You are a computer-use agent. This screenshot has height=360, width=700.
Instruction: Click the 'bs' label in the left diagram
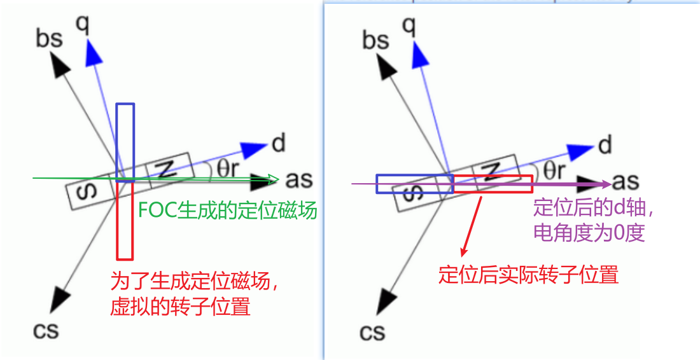(x=49, y=39)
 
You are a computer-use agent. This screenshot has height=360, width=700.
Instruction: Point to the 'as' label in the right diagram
(x=626, y=183)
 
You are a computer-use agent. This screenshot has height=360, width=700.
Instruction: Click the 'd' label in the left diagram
(x=278, y=144)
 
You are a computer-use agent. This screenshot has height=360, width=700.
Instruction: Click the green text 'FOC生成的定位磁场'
(x=227, y=210)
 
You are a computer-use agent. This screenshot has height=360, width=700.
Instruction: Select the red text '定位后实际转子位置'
(x=528, y=275)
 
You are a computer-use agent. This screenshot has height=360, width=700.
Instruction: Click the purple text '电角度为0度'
(x=589, y=232)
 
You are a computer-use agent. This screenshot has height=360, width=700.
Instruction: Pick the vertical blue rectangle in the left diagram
(x=125, y=142)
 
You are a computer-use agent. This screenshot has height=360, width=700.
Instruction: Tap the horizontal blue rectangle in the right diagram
(x=414, y=183)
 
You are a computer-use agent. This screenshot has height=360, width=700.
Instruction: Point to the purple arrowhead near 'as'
(x=606, y=184)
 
